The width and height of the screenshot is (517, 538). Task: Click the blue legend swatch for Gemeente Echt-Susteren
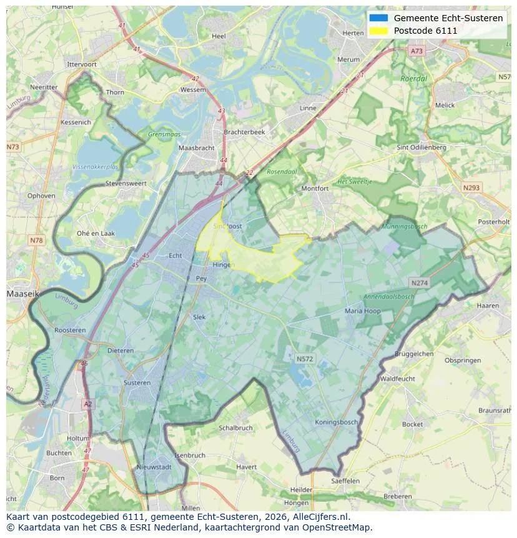tap(378, 18)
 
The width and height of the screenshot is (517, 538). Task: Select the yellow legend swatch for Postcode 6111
tap(378, 31)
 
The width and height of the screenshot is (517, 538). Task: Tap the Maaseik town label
tap(22, 292)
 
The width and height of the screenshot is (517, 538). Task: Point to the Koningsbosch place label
tap(336, 422)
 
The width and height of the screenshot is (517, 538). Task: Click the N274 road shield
tap(419, 283)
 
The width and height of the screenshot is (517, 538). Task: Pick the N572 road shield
tap(305, 359)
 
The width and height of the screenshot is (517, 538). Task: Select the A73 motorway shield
tap(417, 51)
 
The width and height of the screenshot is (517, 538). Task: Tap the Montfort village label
tap(315, 188)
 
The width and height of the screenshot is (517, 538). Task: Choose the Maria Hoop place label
tap(362, 311)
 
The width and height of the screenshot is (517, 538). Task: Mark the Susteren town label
tap(137, 382)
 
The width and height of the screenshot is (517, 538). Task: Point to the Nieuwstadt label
tap(154, 467)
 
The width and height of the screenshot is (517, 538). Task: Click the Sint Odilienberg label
tap(421, 147)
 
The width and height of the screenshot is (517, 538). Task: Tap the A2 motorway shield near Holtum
tap(87, 404)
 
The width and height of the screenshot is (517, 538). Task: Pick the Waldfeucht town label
tap(397, 379)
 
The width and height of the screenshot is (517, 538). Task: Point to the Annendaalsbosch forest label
tap(389, 296)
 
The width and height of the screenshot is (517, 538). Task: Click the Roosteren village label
tap(70, 330)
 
